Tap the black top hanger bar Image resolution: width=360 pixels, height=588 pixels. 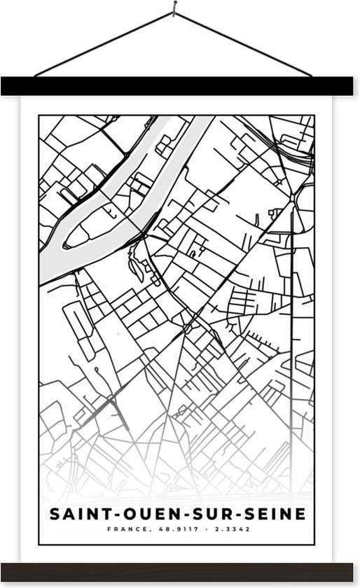[x=180, y=86]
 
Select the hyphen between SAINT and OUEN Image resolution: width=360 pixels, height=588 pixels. [x=106, y=515]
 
